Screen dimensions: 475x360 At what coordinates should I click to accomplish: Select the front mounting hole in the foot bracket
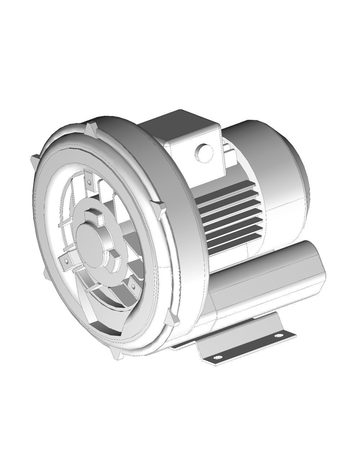tap(216, 357)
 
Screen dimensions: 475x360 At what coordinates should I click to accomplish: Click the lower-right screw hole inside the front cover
tap(134, 286)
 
